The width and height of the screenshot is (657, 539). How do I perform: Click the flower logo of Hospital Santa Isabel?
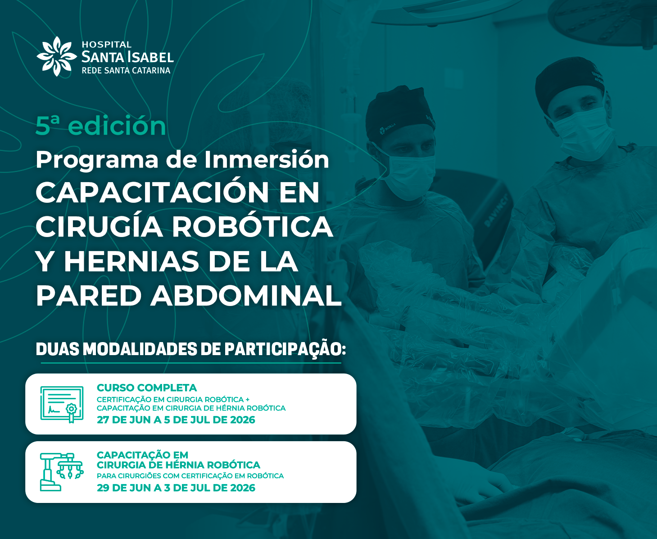56,56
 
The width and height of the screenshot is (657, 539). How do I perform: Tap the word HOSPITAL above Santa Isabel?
107,45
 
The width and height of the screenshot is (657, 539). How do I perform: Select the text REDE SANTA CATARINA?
126,71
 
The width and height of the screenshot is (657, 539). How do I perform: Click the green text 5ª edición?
101,126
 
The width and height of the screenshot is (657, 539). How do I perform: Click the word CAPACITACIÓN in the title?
152,192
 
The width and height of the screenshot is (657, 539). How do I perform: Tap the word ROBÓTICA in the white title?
253,227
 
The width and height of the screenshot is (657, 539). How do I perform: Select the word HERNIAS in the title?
131,261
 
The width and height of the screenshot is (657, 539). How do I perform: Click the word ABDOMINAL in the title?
246,296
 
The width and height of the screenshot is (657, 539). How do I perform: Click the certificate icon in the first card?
62,404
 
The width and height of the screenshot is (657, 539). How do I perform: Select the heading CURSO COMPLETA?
147,388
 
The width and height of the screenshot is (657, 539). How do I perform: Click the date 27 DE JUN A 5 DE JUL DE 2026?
176,420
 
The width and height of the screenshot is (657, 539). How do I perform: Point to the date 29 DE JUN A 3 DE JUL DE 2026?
176,488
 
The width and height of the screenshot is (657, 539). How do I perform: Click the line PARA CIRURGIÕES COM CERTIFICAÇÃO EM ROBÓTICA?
190,476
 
